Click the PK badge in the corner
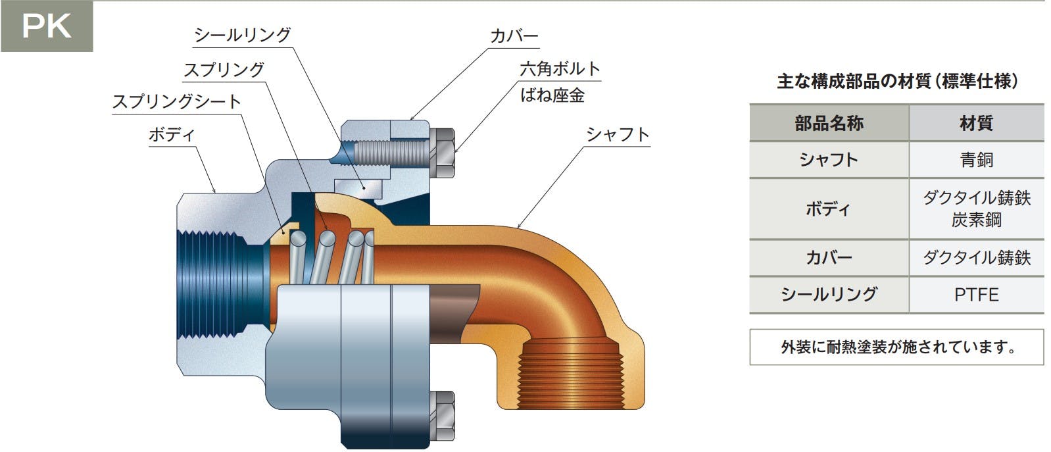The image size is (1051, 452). pos(47,26)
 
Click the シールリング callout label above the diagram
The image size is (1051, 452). pos(243,35)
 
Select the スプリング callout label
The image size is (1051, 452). pos(224,70)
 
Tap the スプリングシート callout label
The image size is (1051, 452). pos(177,101)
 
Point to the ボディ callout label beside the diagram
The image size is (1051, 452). pos(172,135)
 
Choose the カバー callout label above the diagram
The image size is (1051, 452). pos(514,36)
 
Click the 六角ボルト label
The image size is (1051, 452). pos(560,69)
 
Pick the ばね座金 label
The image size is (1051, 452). pos(552,95)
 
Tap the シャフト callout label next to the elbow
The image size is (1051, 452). pos(618,135)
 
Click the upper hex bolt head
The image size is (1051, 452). pos(443,153)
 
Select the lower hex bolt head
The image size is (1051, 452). pos(443,415)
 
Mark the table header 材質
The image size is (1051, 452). pos(977,123)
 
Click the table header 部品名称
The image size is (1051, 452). pos(829,123)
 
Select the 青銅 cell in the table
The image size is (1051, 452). pos(977,160)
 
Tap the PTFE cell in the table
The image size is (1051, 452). pos(977,295)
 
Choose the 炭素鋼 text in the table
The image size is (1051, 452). pos(977,220)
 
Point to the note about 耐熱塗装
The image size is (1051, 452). pos(896,347)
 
